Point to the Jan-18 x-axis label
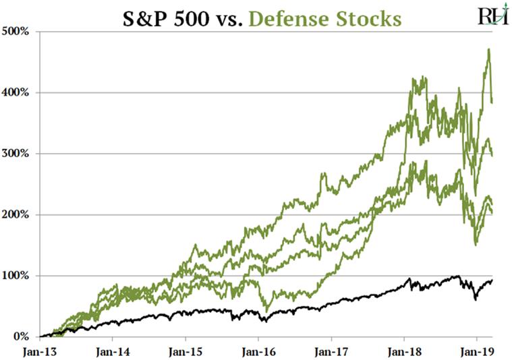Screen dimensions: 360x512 point(404,351)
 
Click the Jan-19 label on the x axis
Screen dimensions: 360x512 point(477,351)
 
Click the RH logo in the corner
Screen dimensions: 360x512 point(493,16)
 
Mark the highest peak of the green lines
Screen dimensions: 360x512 point(488,49)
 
